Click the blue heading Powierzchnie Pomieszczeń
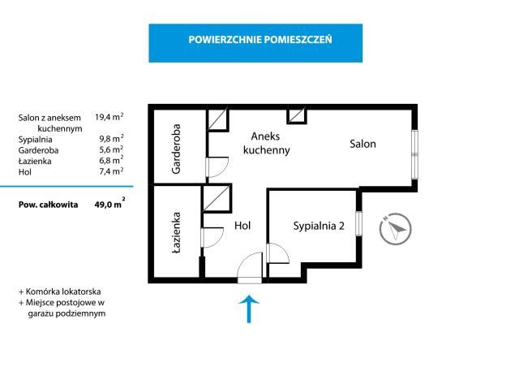[260, 40]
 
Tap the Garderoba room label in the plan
[176, 149]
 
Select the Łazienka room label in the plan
[176, 233]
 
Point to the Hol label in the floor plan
[242, 226]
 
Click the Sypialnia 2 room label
[319, 226]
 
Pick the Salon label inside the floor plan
[362, 144]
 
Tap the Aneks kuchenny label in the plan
[267, 143]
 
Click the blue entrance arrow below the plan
[249, 309]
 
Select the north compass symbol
[395, 229]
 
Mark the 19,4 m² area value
[109, 117]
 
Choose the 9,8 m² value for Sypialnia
[111, 138]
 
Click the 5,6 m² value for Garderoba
[111, 149]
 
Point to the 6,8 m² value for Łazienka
[111, 160]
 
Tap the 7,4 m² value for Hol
[111, 171]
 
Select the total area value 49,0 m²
[110, 204]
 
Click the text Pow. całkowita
[49, 205]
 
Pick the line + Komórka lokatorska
[60, 291]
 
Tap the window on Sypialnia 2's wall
[358, 223]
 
